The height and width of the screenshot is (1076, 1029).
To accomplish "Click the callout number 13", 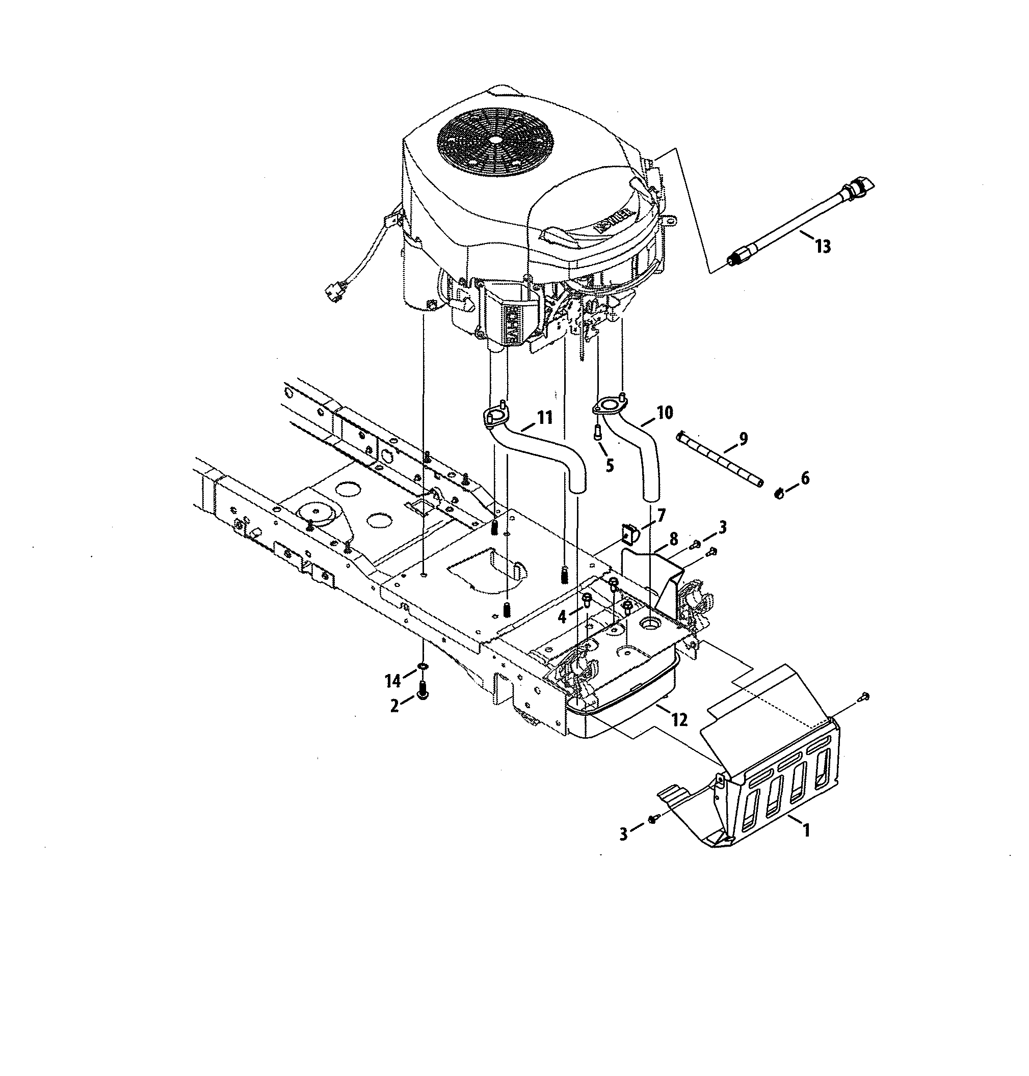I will click(823, 247).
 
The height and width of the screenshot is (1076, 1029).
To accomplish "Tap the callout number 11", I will click(545, 418).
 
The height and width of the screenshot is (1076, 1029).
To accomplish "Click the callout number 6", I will click(805, 478).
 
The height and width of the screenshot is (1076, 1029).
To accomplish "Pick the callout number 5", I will click(610, 465).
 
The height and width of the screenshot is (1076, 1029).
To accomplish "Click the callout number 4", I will click(562, 617).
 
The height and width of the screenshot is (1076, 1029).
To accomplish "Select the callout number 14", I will click(393, 681).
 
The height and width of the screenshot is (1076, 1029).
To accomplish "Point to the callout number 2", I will click(395, 706).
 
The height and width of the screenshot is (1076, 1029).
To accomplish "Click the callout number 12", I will click(679, 719).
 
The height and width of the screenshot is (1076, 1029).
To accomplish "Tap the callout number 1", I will click(806, 831).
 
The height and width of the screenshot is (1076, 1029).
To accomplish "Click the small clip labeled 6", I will click(779, 493).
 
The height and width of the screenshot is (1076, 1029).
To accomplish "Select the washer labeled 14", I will click(423, 666).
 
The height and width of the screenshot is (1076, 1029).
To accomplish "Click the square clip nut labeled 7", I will click(627, 532).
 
